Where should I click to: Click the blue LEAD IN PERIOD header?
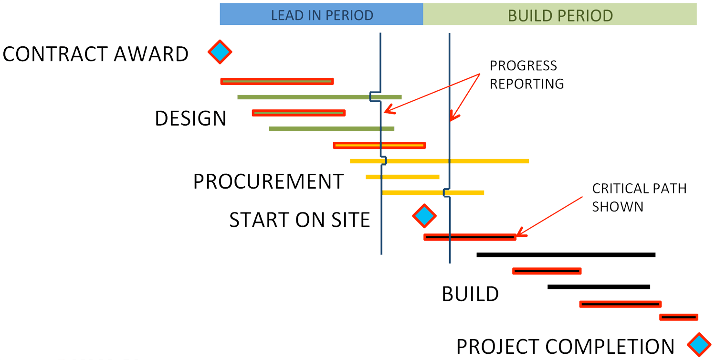(321, 14)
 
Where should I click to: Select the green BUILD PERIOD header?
(560, 14)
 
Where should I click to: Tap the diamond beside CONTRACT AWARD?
(220, 52)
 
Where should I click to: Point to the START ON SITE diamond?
(424, 216)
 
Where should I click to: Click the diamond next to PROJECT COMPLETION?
(699, 344)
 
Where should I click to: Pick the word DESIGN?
(190, 118)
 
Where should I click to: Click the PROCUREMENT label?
(268, 181)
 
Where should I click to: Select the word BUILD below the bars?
(470, 294)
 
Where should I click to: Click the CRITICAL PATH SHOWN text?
(639, 197)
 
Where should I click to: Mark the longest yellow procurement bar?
(439, 161)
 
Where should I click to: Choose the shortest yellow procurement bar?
(402, 177)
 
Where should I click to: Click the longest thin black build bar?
(566, 255)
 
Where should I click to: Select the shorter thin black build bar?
(599, 286)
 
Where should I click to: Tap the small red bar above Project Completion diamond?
(678, 317)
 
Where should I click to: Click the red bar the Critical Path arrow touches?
(470, 237)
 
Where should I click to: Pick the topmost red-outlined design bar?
(277, 81)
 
